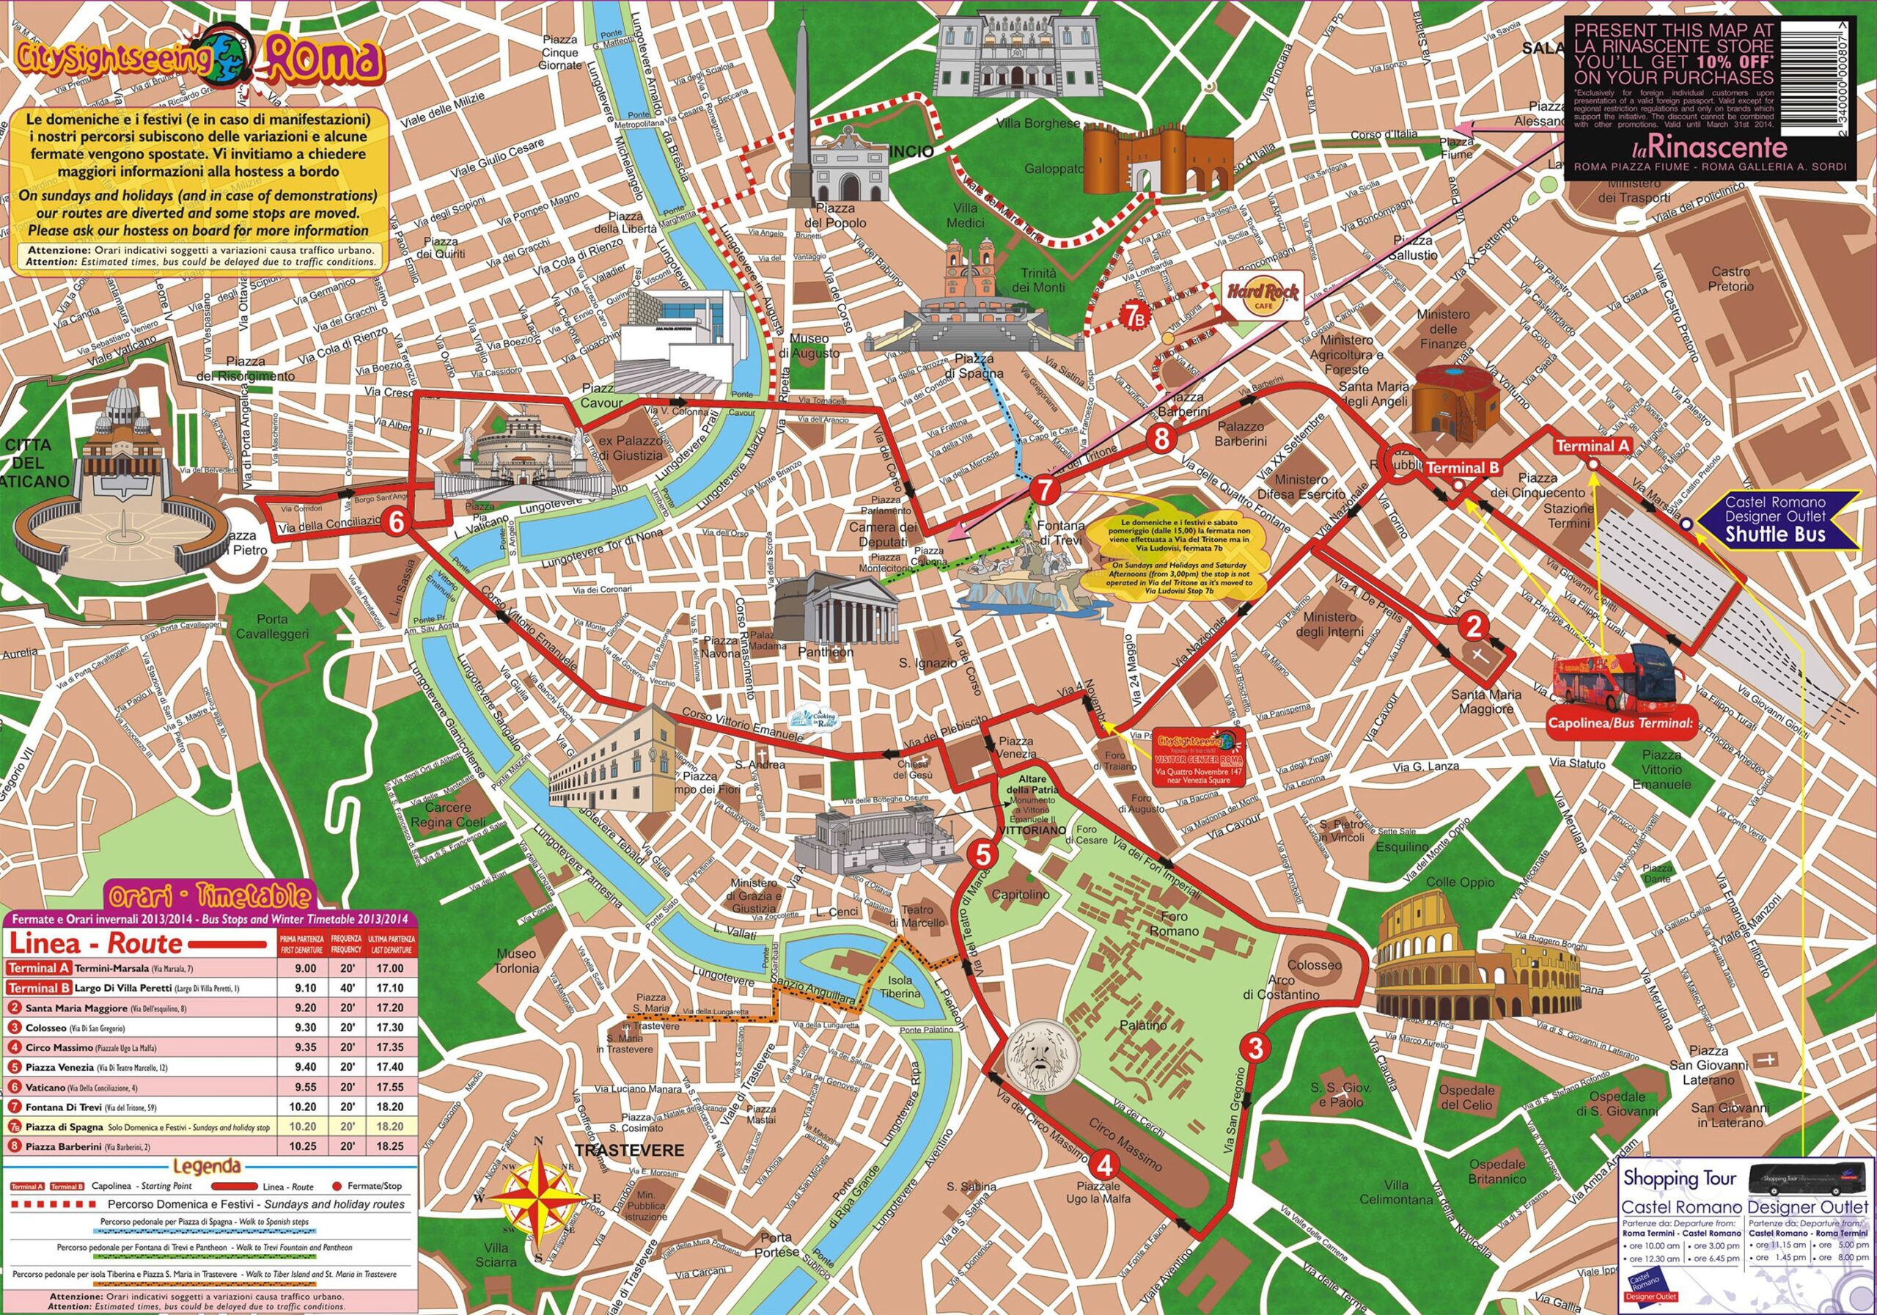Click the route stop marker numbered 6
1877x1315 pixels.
[x=396, y=521]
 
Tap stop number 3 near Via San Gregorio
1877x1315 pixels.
[x=1256, y=1047]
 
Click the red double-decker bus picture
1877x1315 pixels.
[x=1615, y=678]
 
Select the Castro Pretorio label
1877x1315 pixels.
[x=1730, y=279]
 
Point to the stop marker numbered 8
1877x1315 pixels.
[x=1161, y=439]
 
